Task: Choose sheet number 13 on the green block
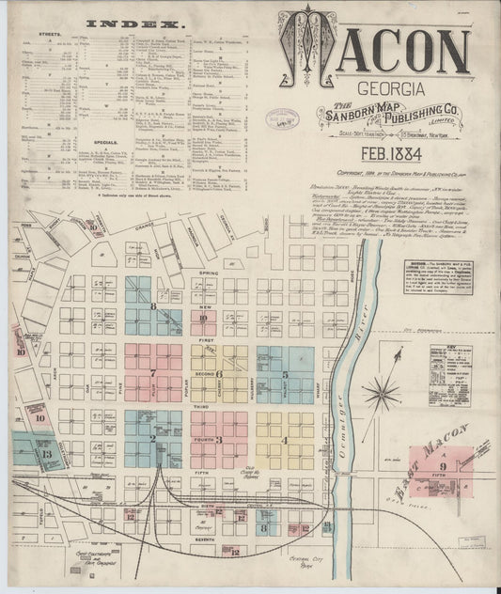pyautogui.click(x=46, y=454)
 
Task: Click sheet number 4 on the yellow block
pyautogui.click(x=285, y=439)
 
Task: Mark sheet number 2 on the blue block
pyautogui.click(x=152, y=438)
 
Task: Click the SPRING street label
pyautogui.click(x=207, y=273)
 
